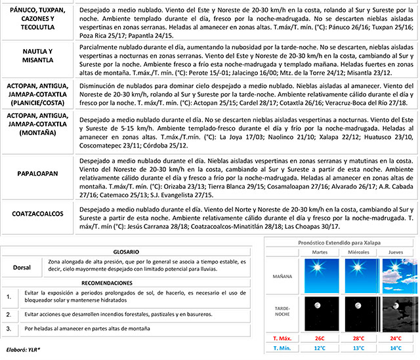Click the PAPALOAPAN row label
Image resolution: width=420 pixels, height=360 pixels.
[x=36, y=174]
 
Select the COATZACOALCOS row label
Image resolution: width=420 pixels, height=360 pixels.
[x=36, y=214]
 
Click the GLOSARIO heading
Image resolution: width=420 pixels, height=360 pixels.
[x=125, y=252]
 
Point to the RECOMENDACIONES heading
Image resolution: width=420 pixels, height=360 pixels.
[x=125, y=283]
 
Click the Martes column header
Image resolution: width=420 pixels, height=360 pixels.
[x=320, y=252]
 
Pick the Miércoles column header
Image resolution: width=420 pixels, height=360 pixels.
[x=358, y=252]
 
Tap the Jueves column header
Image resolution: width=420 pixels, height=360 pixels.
[x=396, y=252]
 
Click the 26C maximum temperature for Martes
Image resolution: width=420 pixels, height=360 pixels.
[x=320, y=339]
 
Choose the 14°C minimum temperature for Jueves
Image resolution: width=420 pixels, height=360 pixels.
[x=396, y=349]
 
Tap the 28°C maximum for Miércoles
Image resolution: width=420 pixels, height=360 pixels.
[x=358, y=339]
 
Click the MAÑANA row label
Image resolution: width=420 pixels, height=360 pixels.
[x=282, y=276]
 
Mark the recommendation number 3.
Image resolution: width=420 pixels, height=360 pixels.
[x=9, y=327]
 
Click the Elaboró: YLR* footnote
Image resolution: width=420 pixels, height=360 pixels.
[x=22, y=350]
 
